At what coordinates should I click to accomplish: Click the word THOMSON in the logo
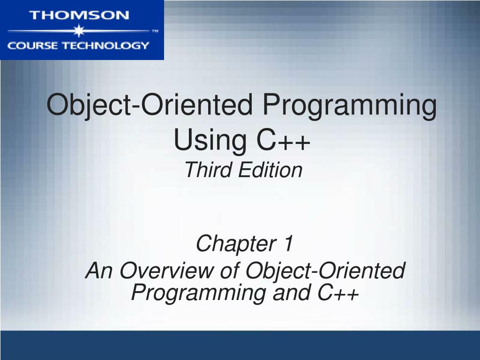point(79,15)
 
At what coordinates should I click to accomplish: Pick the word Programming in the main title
point(349,106)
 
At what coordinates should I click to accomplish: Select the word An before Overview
point(99,271)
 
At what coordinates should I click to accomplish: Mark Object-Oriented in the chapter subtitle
point(325,271)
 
